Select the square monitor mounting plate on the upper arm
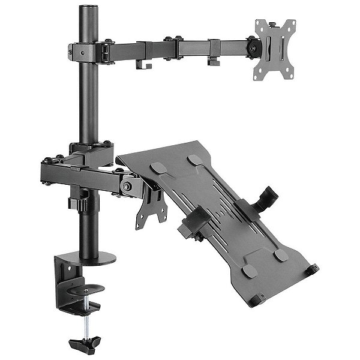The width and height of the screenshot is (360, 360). tap(276, 47)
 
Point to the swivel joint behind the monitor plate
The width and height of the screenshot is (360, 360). tap(252, 44)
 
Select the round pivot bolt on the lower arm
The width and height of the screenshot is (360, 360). tap(128, 186)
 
